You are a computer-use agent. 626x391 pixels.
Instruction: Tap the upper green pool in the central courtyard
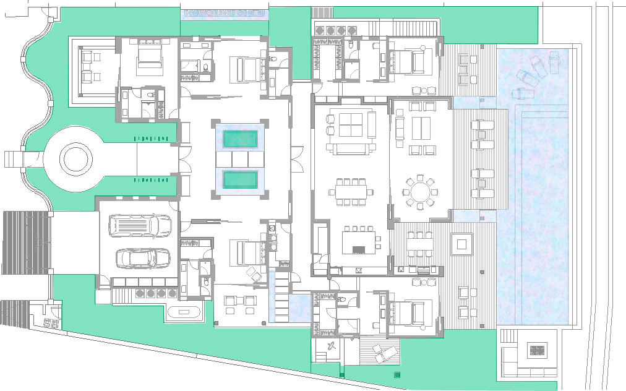pyautogui.click(x=240, y=139)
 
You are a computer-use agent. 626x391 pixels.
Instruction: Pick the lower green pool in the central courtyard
pyautogui.click(x=240, y=180)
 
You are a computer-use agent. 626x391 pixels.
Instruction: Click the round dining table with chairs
pyautogui.click(x=421, y=192)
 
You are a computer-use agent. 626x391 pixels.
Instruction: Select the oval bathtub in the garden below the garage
pyautogui.click(x=184, y=312)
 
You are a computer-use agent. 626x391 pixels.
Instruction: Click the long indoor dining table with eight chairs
pyautogui.click(x=351, y=191)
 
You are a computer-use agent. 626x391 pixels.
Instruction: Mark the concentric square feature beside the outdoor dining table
pyautogui.click(x=461, y=244)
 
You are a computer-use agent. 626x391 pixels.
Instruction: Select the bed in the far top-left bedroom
pyautogui.click(x=149, y=57)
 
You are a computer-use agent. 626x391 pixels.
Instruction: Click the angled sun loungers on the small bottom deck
pyautogui.click(x=386, y=354)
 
